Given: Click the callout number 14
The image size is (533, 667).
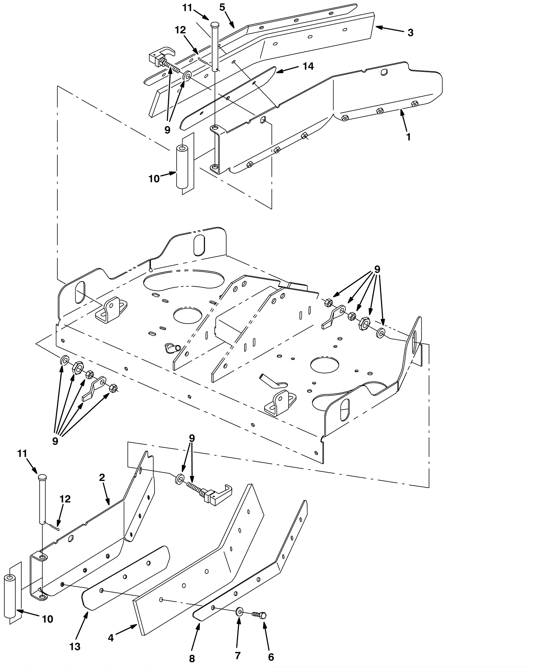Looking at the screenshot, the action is point(308,66).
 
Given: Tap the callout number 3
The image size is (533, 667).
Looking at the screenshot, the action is point(410,33).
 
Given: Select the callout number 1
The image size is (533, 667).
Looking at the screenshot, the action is point(408,137).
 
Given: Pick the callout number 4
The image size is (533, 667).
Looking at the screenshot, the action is point(111,638).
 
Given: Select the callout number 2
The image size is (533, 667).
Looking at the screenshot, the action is point(102,478).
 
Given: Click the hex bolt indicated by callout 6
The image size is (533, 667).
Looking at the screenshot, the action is point(260,615).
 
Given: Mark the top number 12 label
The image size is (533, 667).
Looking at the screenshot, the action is point(180,30).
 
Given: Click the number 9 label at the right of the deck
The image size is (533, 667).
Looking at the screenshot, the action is point(377,269).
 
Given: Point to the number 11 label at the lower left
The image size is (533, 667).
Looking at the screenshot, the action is point(22,454).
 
